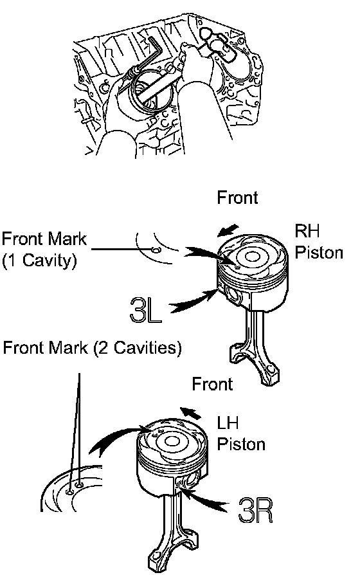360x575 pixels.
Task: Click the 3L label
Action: tap(146, 310)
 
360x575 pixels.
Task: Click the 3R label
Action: tap(255, 510)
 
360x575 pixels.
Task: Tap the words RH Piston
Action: tap(319, 242)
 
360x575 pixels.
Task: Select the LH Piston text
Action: tap(240, 433)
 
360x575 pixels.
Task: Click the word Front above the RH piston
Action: tap(237, 197)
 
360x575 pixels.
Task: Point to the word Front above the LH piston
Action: tap(212, 384)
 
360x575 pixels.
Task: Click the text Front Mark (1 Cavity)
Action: tap(44, 250)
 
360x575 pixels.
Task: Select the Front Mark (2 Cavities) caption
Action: tap(92, 347)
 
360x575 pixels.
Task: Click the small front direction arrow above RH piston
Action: tap(228, 231)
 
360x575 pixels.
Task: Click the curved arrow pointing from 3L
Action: tap(194, 302)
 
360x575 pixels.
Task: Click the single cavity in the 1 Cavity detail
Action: tap(156, 250)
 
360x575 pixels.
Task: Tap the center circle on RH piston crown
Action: tap(252, 257)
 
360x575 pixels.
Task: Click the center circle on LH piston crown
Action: tap(171, 441)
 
